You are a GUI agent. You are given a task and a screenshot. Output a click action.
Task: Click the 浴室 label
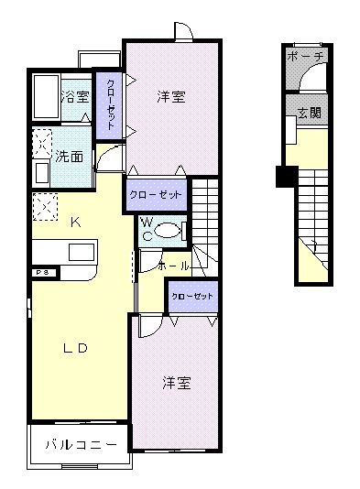tap(76, 96)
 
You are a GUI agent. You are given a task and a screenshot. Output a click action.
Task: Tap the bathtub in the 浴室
tap(45, 94)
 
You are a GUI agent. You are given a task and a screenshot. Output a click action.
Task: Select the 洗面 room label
tap(69, 157)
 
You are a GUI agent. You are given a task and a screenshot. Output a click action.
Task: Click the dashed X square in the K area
tap(42, 206)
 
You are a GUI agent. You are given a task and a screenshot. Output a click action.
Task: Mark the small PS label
tap(41, 272)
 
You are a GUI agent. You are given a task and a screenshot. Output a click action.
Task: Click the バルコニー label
tap(81, 446)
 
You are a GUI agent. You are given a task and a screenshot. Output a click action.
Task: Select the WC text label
tap(145, 229)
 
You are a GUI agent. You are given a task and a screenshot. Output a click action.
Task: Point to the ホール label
tap(174, 266)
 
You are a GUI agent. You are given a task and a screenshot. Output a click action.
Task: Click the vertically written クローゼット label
tap(111, 103)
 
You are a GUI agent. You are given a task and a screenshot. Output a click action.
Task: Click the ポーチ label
tap(305, 57)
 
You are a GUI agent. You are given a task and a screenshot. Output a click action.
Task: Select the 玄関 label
tap(309, 113)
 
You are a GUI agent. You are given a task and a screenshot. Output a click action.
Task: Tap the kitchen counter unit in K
tap(63, 253)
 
